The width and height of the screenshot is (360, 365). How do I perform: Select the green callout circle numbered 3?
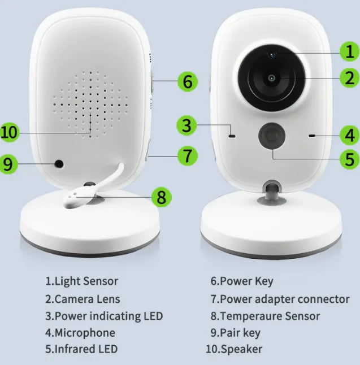(186, 125)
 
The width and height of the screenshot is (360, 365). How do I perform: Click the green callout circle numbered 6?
(188, 81)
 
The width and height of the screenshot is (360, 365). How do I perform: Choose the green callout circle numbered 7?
(188, 155)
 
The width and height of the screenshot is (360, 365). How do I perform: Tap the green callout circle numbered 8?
(162, 197)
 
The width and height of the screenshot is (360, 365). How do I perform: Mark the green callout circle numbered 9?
(7, 164)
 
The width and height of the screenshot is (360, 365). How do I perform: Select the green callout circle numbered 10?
(10, 133)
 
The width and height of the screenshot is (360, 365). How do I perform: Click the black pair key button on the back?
(58, 164)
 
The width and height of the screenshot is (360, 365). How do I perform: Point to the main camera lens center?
(272, 78)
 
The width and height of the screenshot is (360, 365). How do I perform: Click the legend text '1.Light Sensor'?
(82, 281)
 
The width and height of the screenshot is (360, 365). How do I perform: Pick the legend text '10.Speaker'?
(234, 349)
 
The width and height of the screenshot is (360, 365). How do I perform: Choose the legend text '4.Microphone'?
(80, 333)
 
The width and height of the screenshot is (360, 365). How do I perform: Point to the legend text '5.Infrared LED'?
(81, 349)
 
